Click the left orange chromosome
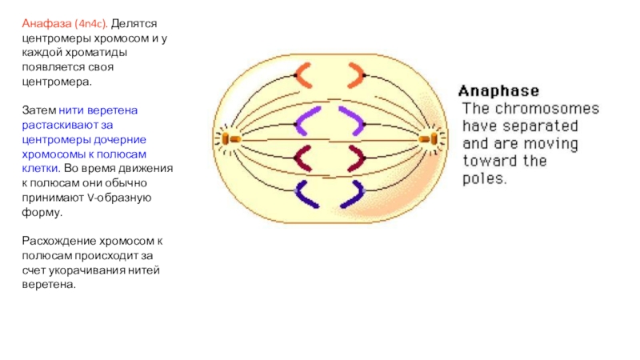click(304, 76)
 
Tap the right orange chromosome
click(354, 76)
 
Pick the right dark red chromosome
click(352, 158)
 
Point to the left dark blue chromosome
click(304, 194)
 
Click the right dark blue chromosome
click(354, 194)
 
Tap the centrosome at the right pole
click(434, 138)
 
